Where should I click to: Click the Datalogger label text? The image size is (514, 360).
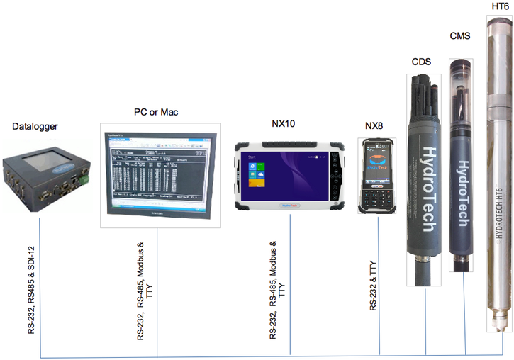pyautogui.click(x=35, y=127)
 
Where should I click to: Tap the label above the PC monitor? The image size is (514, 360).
pyautogui.click(x=156, y=113)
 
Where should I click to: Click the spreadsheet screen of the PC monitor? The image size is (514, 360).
pyautogui.click(x=158, y=172)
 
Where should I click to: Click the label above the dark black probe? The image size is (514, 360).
pyautogui.click(x=420, y=62)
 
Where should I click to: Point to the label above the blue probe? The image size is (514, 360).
pyautogui.click(x=460, y=35)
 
